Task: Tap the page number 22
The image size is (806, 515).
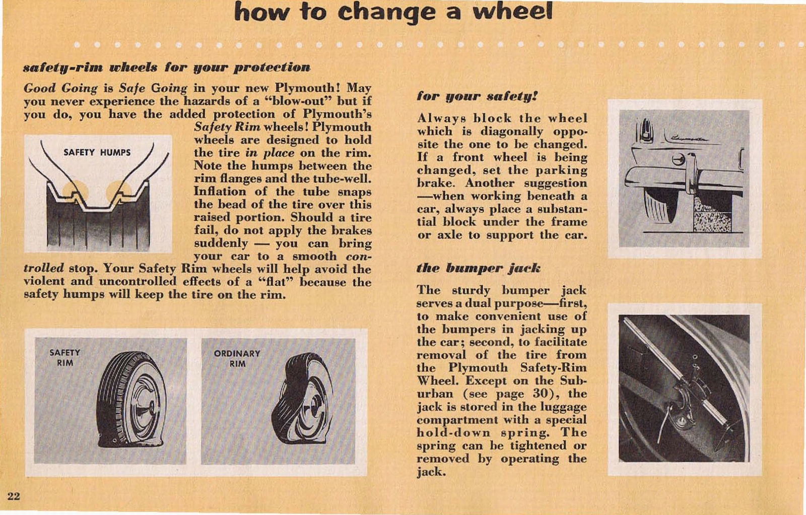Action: [14, 496]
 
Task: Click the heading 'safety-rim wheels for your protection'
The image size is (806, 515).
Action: [167, 67]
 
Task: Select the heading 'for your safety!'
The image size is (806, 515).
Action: [477, 96]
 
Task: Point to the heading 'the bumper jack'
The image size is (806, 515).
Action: [478, 268]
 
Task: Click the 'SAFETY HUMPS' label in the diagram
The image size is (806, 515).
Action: [97, 152]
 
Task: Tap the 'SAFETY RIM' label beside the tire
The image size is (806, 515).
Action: [64, 358]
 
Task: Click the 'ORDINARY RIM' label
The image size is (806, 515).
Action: [237, 358]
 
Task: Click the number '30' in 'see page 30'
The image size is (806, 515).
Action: [540, 394]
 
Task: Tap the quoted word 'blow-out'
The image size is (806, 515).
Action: [300, 101]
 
